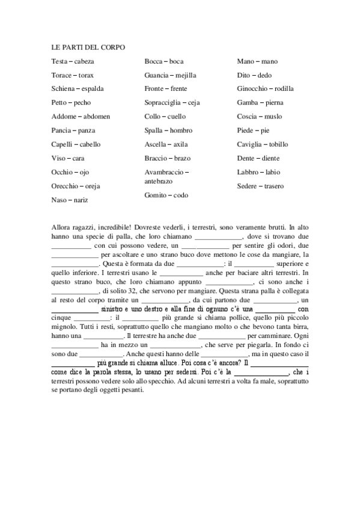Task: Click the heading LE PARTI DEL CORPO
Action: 88,47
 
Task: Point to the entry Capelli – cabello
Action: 76,144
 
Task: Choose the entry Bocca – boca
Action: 164,61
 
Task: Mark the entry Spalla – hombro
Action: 168,131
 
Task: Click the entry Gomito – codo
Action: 166,195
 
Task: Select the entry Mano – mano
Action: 257,61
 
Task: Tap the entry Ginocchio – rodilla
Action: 266,89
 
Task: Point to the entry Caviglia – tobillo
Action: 263,144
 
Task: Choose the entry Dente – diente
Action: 258,158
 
